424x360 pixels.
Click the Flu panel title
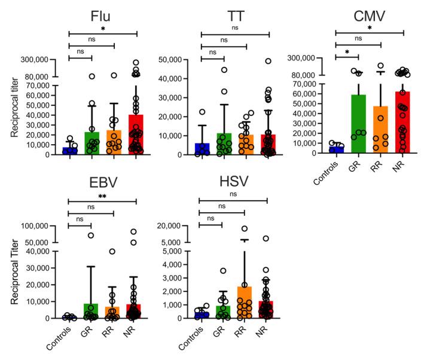coord(103,13)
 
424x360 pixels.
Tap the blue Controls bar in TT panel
coord(201,149)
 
